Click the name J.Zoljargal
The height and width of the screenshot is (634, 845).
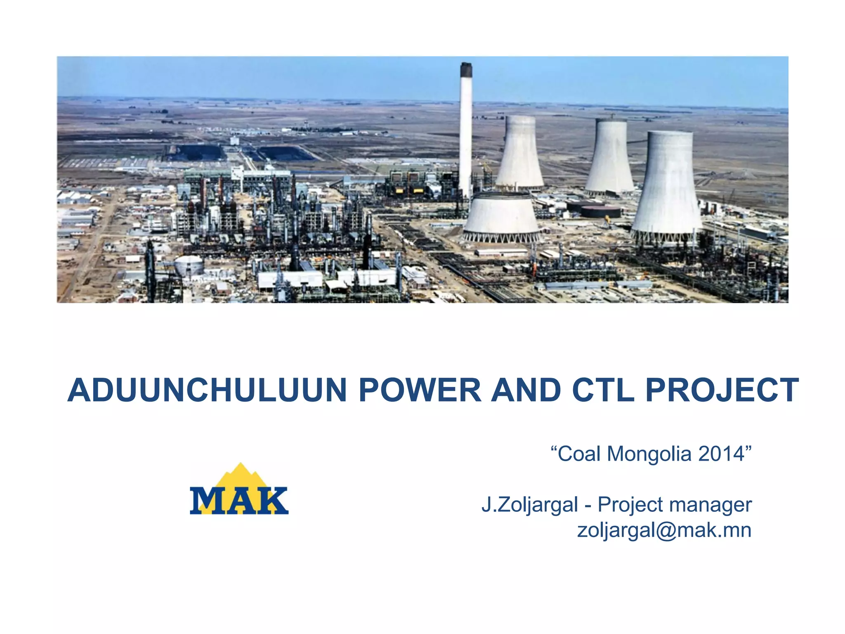pos(530,505)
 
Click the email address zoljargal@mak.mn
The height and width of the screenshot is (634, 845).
pos(664,530)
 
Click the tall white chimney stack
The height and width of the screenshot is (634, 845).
pos(466,132)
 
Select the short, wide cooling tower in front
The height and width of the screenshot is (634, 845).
pos(501,217)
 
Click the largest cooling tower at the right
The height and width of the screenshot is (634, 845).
pos(666,186)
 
